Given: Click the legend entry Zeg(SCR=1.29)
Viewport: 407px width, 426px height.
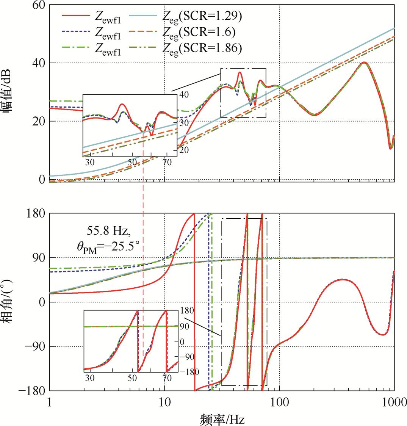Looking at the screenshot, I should pyautogui.click(x=203, y=16).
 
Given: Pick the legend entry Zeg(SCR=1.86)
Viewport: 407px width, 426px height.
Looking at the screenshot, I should pyautogui.click(x=203, y=48).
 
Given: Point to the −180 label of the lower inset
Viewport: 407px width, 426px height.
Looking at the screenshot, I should pyautogui.click(x=186, y=371).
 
